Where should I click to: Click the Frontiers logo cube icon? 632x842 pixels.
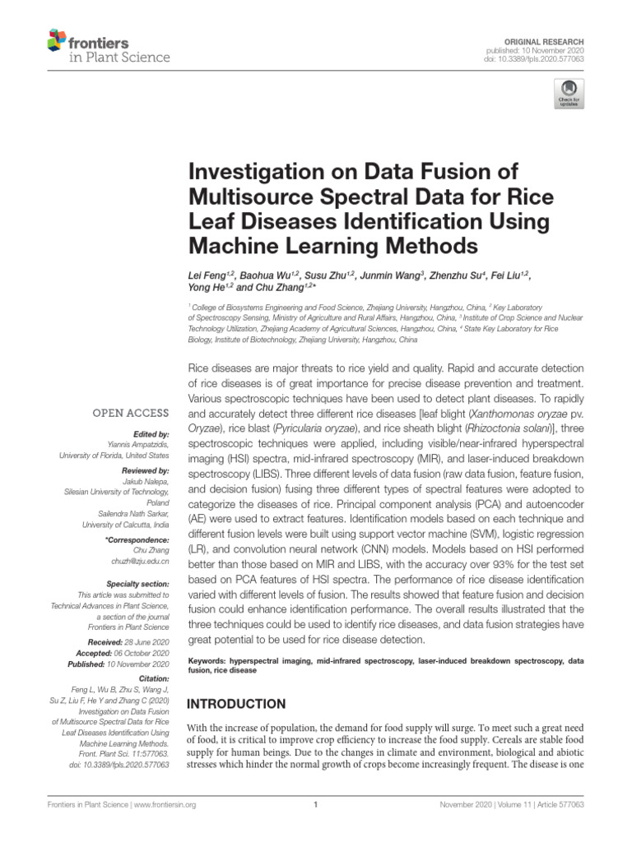57,38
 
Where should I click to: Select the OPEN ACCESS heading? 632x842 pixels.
131,413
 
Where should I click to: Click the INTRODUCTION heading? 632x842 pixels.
238,705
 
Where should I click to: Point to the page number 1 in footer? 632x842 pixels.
316,805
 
